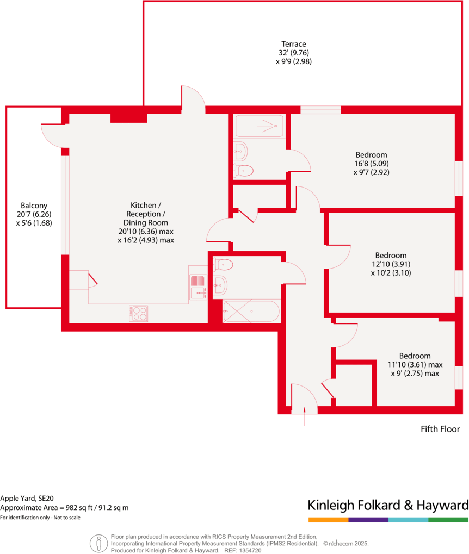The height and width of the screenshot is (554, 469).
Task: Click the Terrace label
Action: pyautogui.click(x=294, y=44)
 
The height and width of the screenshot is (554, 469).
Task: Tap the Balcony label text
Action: pyautogui.click(x=34, y=206)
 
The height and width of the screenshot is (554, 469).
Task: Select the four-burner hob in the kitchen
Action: pyautogui.click(x=139, y=313)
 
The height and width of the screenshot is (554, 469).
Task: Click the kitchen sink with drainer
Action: pyautogui.click(x=198, y=287)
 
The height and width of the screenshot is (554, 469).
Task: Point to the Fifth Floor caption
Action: pyautogui.click(x=440, y=429)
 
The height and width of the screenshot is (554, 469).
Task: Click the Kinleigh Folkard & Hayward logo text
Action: pyautogui.click(x=388, y=505)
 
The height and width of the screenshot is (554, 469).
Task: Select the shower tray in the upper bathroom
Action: pyautogui.click(x=260, y=127)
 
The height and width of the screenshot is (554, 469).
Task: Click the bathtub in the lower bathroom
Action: pyautogui.click(x=252, y=312)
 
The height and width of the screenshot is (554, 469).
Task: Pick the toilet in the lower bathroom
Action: pyautogui.click(x=224, y=265)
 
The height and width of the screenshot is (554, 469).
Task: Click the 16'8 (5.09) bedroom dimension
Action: pyautogui.click(x=372, y=164)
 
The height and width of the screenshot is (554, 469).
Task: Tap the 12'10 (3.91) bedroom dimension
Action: pyautogui.click(x=391, y=264)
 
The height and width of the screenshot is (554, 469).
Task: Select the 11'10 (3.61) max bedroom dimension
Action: pyautogui.click(x=415, y=365)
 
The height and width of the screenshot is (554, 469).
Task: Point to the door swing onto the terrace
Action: pyautogui.click(x=193, y=98)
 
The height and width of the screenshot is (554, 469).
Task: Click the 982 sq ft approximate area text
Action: pyautogui.click(x=82, y=508)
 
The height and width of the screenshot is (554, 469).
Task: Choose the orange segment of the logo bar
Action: pyautogui.click(x=328, y=520)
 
